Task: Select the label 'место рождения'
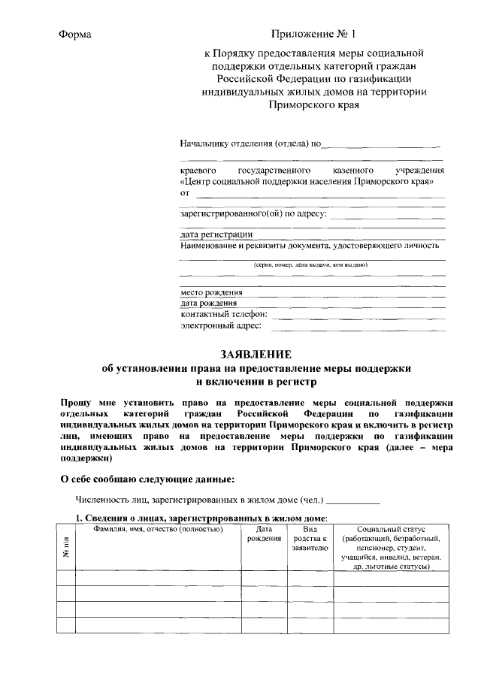pyautogui.click(x=211, y=292)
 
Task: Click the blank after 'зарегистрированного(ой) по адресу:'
pyautogui.click(x=388, y=214)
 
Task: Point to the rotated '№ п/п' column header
pyautogui.click(x=66, y=549)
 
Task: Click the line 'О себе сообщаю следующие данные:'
pyautogui.click(x=147, y=479)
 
